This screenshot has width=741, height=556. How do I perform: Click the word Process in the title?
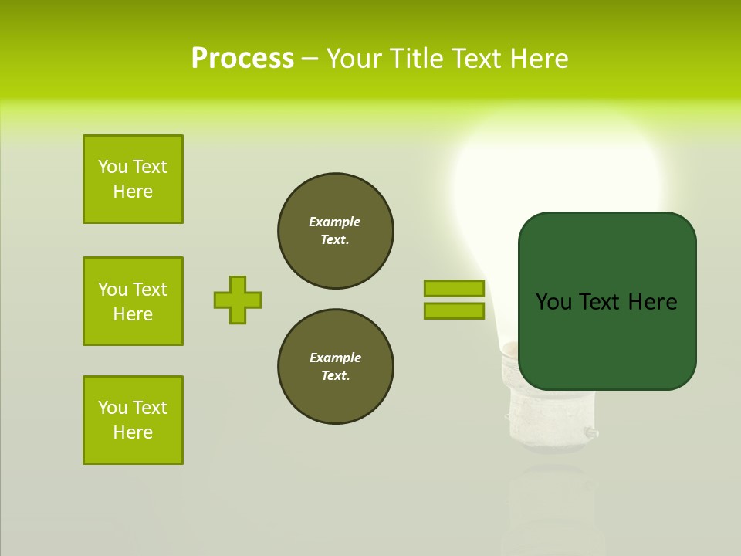tap(242, 59)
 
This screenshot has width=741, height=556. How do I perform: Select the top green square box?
tap(133, 179)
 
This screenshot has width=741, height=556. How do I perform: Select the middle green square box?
tap(133, 301)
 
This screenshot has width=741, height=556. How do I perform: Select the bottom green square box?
tap(133, 420)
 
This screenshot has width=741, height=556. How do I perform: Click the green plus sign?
tap(238, 300)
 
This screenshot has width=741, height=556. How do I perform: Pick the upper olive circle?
tap(335, 231)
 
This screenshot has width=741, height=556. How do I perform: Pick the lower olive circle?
tap(335, 367)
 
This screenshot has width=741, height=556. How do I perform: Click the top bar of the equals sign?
tap(454, 288)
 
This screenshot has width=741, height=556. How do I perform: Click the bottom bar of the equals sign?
tap(454, 310)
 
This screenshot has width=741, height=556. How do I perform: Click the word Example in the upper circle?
tap(334, 222)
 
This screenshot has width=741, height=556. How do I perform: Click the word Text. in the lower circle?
tap(335, 376)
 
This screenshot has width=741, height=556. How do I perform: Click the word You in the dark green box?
tap(552, 302)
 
